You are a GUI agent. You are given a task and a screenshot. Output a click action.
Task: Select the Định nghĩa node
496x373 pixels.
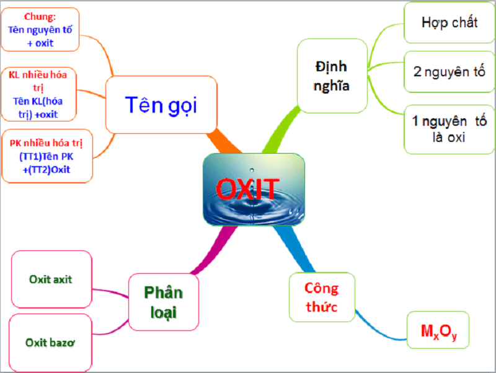[x=332, y=76]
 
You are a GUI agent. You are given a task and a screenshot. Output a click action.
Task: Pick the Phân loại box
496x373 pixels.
[x=163, y=302]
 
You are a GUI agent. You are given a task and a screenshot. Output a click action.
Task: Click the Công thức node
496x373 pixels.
[x=321, y=297]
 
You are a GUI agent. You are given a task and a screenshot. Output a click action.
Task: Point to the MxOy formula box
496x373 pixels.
[x=438, y=333]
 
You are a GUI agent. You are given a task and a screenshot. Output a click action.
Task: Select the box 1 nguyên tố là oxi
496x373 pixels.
[x=449, y=129]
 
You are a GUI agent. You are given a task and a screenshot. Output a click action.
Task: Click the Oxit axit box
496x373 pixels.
[x=51, y=279]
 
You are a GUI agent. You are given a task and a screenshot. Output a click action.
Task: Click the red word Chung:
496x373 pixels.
[x=40, y=16]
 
